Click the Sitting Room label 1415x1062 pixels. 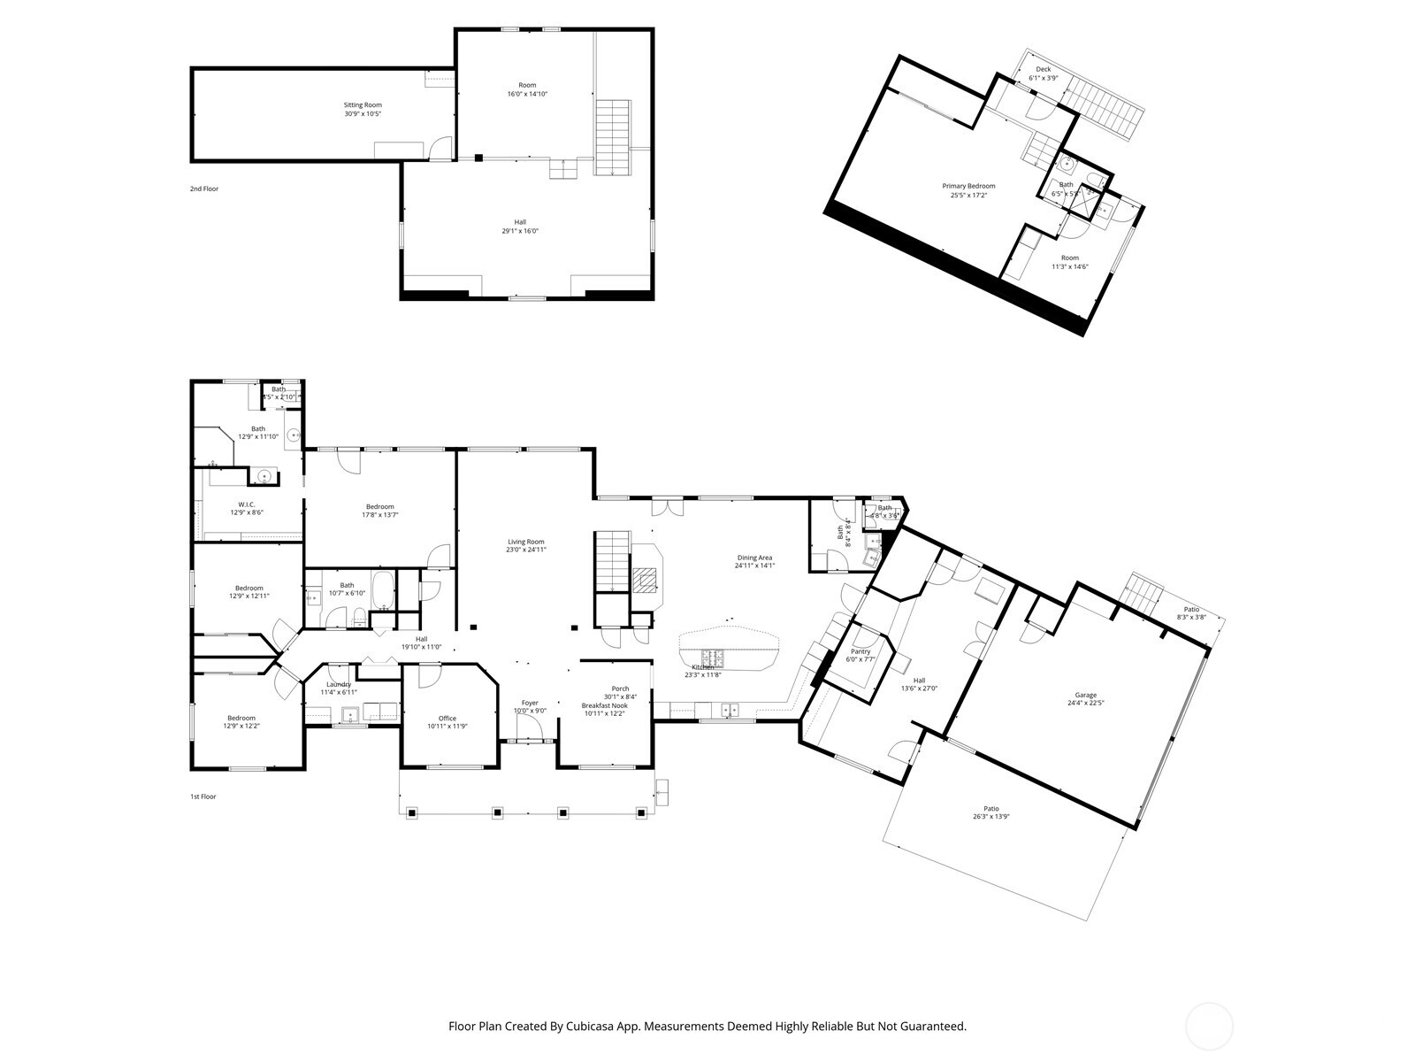363,104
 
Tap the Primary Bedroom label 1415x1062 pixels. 968,186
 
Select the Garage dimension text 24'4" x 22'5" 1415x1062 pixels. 1085,704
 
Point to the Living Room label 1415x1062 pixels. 526,542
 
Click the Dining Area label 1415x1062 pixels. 754,558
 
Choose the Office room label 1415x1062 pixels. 447,718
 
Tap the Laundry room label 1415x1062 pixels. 339,684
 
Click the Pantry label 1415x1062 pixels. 860,651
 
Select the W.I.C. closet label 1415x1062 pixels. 247,504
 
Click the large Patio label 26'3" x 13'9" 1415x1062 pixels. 991,808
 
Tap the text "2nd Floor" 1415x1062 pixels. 204,189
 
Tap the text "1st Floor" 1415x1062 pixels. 203,796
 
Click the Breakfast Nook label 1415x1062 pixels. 605,705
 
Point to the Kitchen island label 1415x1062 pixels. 703,666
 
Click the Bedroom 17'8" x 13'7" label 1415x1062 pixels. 380,507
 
